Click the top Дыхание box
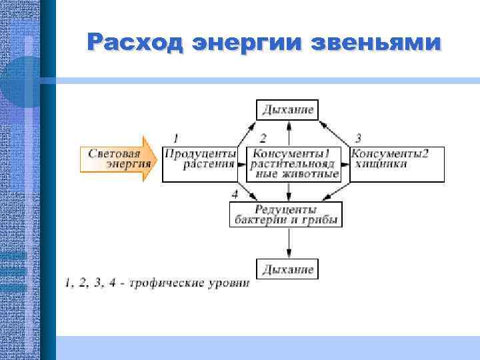[287, 109]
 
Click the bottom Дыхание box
[287, 269]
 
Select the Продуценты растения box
[200, 164]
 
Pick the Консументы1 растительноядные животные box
[295, 164]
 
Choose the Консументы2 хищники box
[389, 164]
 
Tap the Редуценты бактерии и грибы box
[285, 214]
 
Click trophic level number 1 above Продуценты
[175, 139]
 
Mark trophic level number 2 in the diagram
[263, 139]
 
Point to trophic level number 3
[358, 139]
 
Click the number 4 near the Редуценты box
[235, 194]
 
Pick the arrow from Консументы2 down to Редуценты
[337, 191]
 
